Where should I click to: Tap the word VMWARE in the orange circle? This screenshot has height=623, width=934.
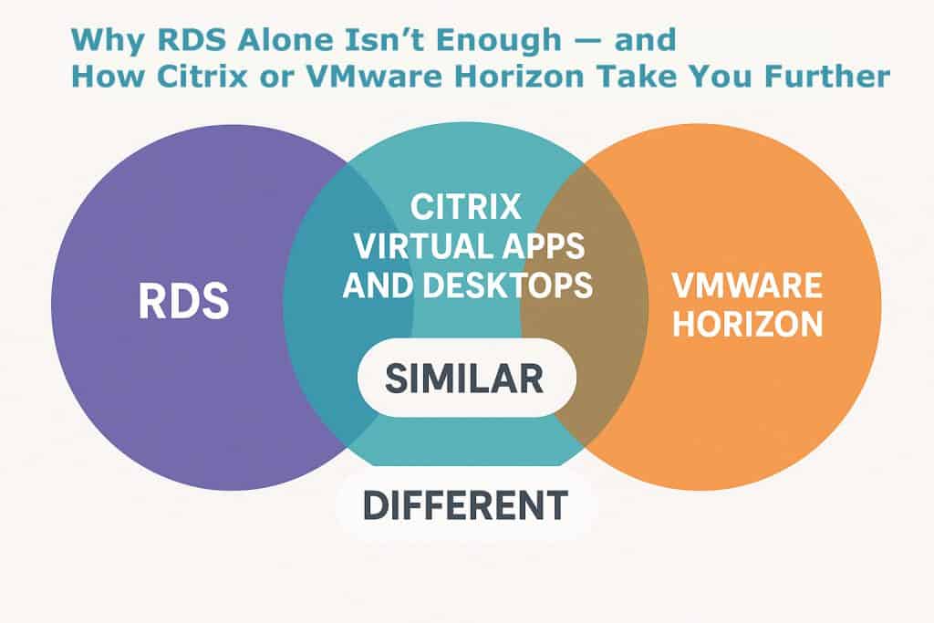click(746, 286)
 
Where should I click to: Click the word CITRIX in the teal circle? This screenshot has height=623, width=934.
click(465, 206)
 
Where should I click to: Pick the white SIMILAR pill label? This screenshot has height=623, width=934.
click(464, 377)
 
